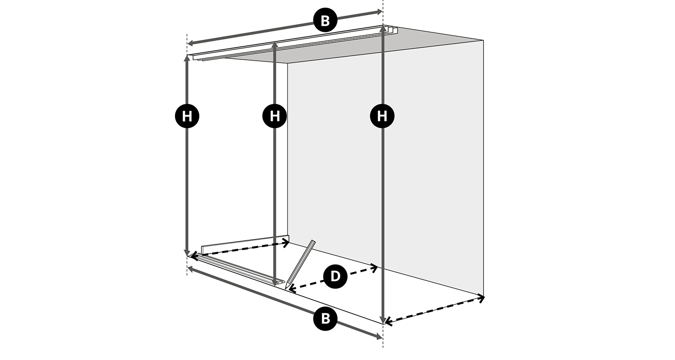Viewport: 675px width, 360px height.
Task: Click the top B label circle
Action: tap(325, 21)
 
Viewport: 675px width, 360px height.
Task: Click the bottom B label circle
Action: tap(325, 318)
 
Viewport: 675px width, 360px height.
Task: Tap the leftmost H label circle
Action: tap(187, 116)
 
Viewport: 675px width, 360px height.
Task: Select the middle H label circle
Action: tap(274, 116)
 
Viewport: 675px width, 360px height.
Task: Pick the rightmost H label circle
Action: tap(382, 116)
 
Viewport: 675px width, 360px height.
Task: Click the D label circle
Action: tap(335, 276)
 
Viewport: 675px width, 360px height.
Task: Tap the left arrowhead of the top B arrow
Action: tap(190, 44)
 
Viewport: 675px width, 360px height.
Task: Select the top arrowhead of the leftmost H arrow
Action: tap(187, 58)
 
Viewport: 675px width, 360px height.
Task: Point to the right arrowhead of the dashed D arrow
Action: tap(375, 266)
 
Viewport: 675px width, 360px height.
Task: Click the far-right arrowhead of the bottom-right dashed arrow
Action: tap(481, 298)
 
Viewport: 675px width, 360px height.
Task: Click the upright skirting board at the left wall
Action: tap(245, 244)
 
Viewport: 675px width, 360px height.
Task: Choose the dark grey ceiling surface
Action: tap(355, 45)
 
